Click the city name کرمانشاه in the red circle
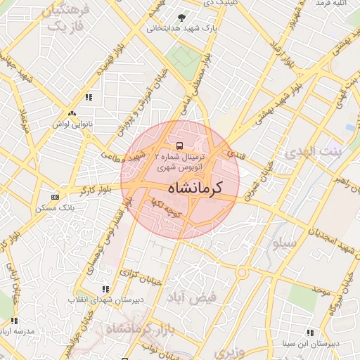coord(195,188)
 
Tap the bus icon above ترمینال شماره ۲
coord(179,146)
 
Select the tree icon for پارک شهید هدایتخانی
coord(183,18)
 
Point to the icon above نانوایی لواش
coord(71,113)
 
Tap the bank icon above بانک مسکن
coord(56,197)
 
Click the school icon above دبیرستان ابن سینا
coord(310,333)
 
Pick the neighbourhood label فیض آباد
coord(191,297)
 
